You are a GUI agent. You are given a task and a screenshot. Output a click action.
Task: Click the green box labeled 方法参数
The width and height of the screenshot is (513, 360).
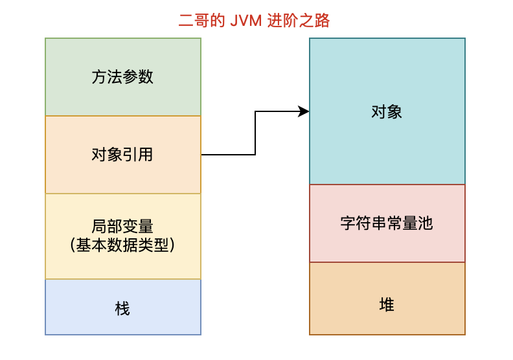[x=123, y=77]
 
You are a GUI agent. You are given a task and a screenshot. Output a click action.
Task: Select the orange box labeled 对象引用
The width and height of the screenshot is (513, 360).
[x=123, y=155]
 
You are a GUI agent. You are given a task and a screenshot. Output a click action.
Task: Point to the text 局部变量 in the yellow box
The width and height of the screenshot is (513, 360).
[x=123, y=227]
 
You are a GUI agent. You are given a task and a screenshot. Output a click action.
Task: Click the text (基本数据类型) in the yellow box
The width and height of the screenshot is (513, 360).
[x=123, y=245]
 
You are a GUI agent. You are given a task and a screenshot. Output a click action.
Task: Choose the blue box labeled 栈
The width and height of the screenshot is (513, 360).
[x=123, y=307]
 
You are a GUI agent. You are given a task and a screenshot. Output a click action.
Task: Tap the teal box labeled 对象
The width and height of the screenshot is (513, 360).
[x=387, y=111]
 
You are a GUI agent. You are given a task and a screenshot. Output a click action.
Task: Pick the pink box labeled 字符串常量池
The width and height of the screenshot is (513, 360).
[x=387, y=223]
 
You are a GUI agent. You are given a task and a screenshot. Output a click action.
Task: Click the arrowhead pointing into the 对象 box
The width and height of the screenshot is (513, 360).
[x=304, y=112]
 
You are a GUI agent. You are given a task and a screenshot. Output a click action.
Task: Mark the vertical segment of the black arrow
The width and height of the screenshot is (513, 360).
[x=255, y=133]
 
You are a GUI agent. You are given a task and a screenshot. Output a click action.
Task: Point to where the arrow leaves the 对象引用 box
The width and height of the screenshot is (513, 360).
[x=203, y=155]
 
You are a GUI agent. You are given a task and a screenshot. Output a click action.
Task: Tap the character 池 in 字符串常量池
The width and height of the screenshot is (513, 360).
[x=425, y=224]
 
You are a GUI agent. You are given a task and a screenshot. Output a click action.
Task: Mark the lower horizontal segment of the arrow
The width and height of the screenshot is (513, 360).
[x=228, y=155]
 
